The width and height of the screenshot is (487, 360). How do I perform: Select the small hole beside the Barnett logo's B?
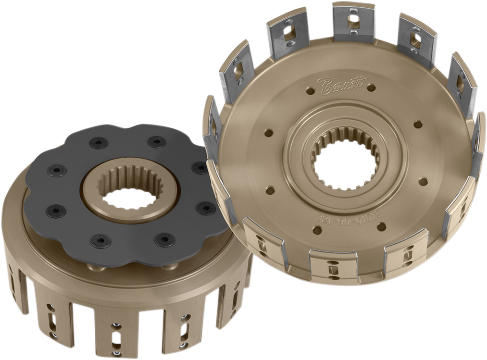(x=311, y=90)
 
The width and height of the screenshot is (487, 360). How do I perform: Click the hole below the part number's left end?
(x=317, y=230)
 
